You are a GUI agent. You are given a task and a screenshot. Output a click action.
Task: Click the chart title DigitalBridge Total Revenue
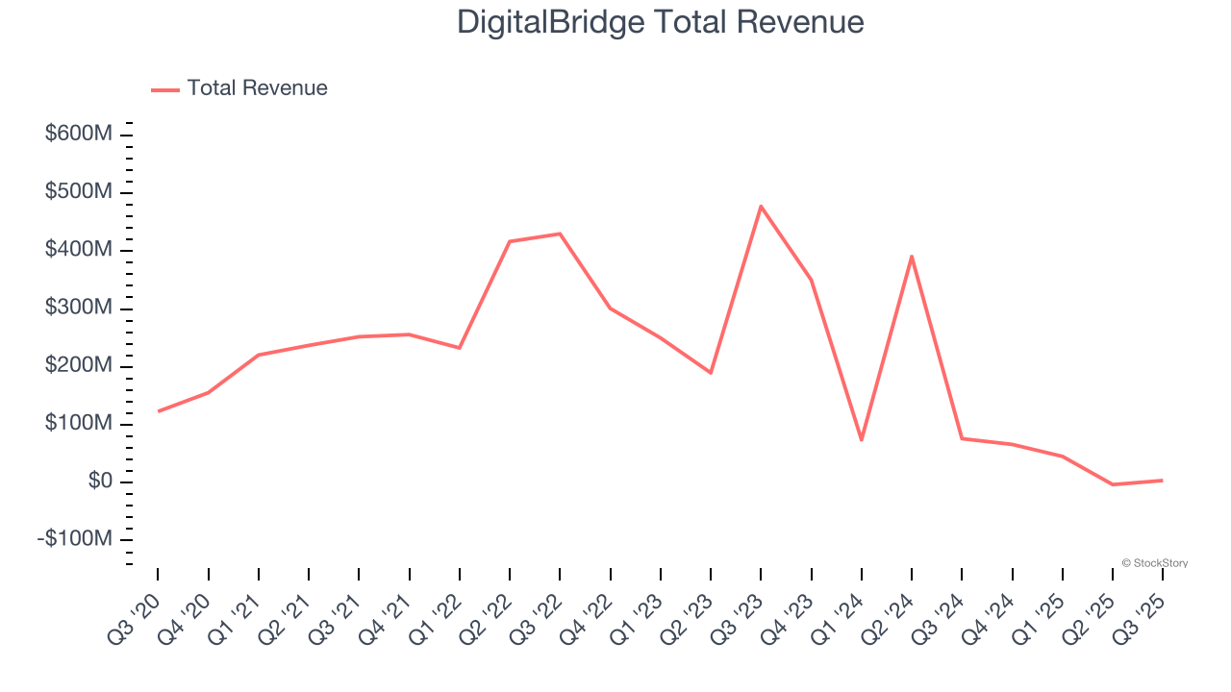point(660,21)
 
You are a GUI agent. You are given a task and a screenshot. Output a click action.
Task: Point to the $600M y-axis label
point(79,135)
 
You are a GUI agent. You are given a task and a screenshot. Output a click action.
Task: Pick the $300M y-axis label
point(79,309)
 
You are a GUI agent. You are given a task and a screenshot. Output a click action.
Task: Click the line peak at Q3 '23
point(761,206)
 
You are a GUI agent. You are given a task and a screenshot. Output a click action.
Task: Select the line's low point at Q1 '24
point(861,440)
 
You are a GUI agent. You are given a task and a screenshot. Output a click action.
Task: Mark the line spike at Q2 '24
point(911,256)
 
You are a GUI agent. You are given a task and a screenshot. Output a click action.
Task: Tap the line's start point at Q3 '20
point(158,411)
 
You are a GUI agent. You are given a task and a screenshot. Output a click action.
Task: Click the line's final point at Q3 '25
point(1162,481)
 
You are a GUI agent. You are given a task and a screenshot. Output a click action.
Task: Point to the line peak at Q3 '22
point(560,234)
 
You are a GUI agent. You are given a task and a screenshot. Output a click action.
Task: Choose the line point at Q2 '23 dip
point(711,373)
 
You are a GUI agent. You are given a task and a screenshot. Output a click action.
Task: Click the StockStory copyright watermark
point(1154,563)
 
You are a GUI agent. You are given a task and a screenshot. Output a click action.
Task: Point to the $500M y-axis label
point(79,192)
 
